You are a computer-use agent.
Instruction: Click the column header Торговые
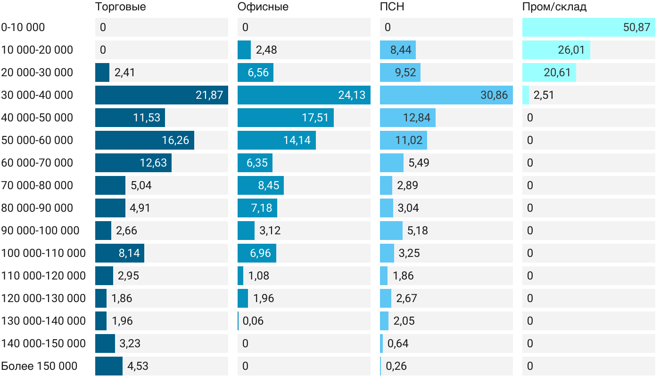point(121,7)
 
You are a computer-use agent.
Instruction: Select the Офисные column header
point(263,7)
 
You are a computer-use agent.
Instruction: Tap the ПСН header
point(392,7)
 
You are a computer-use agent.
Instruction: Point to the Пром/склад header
point(554,7)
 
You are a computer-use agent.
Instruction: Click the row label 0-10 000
point(23,27)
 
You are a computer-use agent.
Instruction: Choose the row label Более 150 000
point(39,366)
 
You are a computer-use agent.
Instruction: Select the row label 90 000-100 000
point(40,231)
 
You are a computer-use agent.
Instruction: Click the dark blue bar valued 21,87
point(161,95)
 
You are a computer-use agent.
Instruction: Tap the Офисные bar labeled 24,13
point(304,95)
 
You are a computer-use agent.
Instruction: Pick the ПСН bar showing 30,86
point(446,95)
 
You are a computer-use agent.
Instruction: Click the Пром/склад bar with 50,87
point(588,27)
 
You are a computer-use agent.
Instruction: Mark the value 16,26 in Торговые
point(176,140)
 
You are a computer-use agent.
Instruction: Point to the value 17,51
point(315,118)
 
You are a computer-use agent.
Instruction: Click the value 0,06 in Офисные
point(253,321)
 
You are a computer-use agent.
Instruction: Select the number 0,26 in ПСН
point(396,366)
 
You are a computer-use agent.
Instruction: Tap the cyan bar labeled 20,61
point(549,72)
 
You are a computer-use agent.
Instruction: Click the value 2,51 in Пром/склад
point(544,95)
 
